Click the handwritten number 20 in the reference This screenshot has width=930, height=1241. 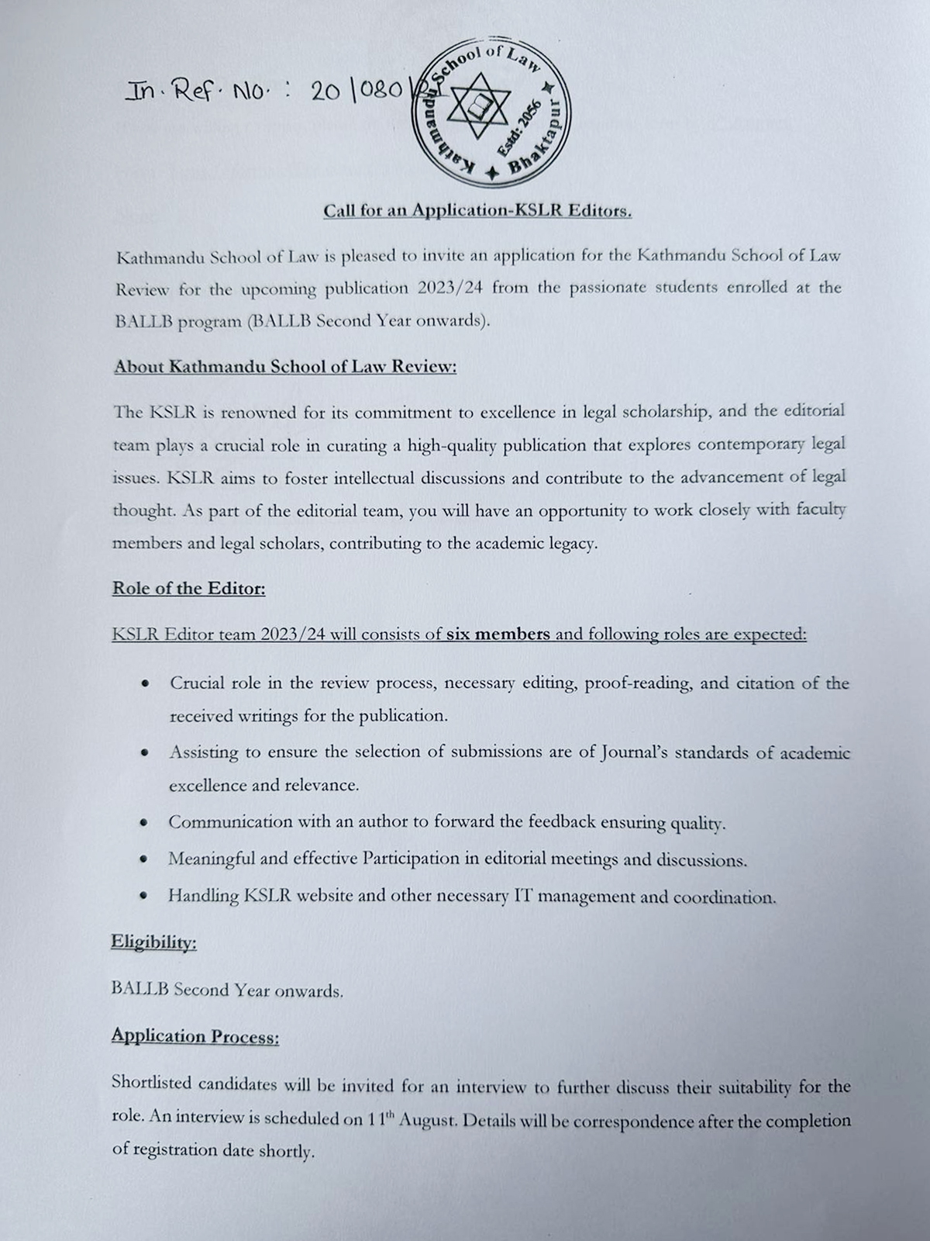tap(327, 92)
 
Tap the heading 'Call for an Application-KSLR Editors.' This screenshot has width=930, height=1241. tap(477, 211)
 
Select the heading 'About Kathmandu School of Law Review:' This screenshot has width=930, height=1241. tap(285, 367)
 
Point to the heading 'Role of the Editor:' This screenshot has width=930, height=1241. tap(189, 589)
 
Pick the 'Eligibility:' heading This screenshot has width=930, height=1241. tap(153, 942)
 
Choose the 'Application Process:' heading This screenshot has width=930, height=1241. tap(195, 1036)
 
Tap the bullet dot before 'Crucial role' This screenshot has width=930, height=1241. tap(145, 684)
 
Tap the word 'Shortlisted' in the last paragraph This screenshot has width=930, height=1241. tap(153, 1084)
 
